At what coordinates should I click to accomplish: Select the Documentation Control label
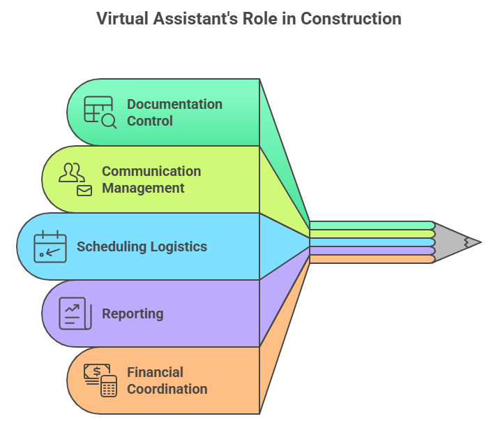(x=174, y=112)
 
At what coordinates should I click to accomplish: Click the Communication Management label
(x=151, y=179)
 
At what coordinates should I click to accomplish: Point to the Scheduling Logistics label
(x=142, y=246)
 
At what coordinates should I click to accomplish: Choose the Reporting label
(x=133, y=313)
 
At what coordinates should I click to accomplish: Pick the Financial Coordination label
(x=167, y=381)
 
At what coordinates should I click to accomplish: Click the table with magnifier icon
(x=100, y=112)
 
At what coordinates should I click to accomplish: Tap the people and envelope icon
(x=75, y=179)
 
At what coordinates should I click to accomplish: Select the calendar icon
(x=50, y=246)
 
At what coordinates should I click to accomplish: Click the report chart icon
(x=75, y=313)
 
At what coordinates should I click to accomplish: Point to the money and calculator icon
(x=100, y=381)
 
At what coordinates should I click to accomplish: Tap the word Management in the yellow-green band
(x=143, y=188)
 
